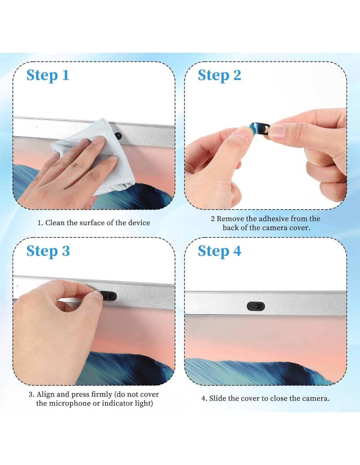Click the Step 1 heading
tap(48, 76)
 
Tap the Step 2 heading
tap(219, 76)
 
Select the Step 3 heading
tap(48, 251)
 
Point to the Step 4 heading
tap(219, 251)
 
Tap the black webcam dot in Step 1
tap(118, 135)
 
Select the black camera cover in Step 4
tap(256, 306)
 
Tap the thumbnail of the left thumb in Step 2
tap(243, 133)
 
